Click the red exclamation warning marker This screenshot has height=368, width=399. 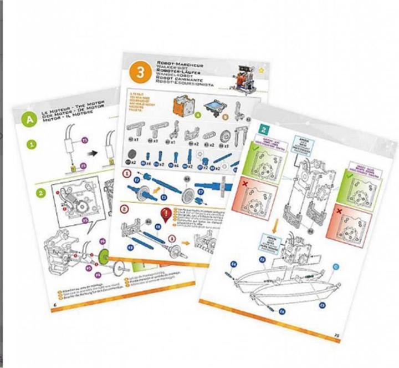(x=164, y=213)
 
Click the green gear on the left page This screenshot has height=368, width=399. (x=104, y=259)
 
